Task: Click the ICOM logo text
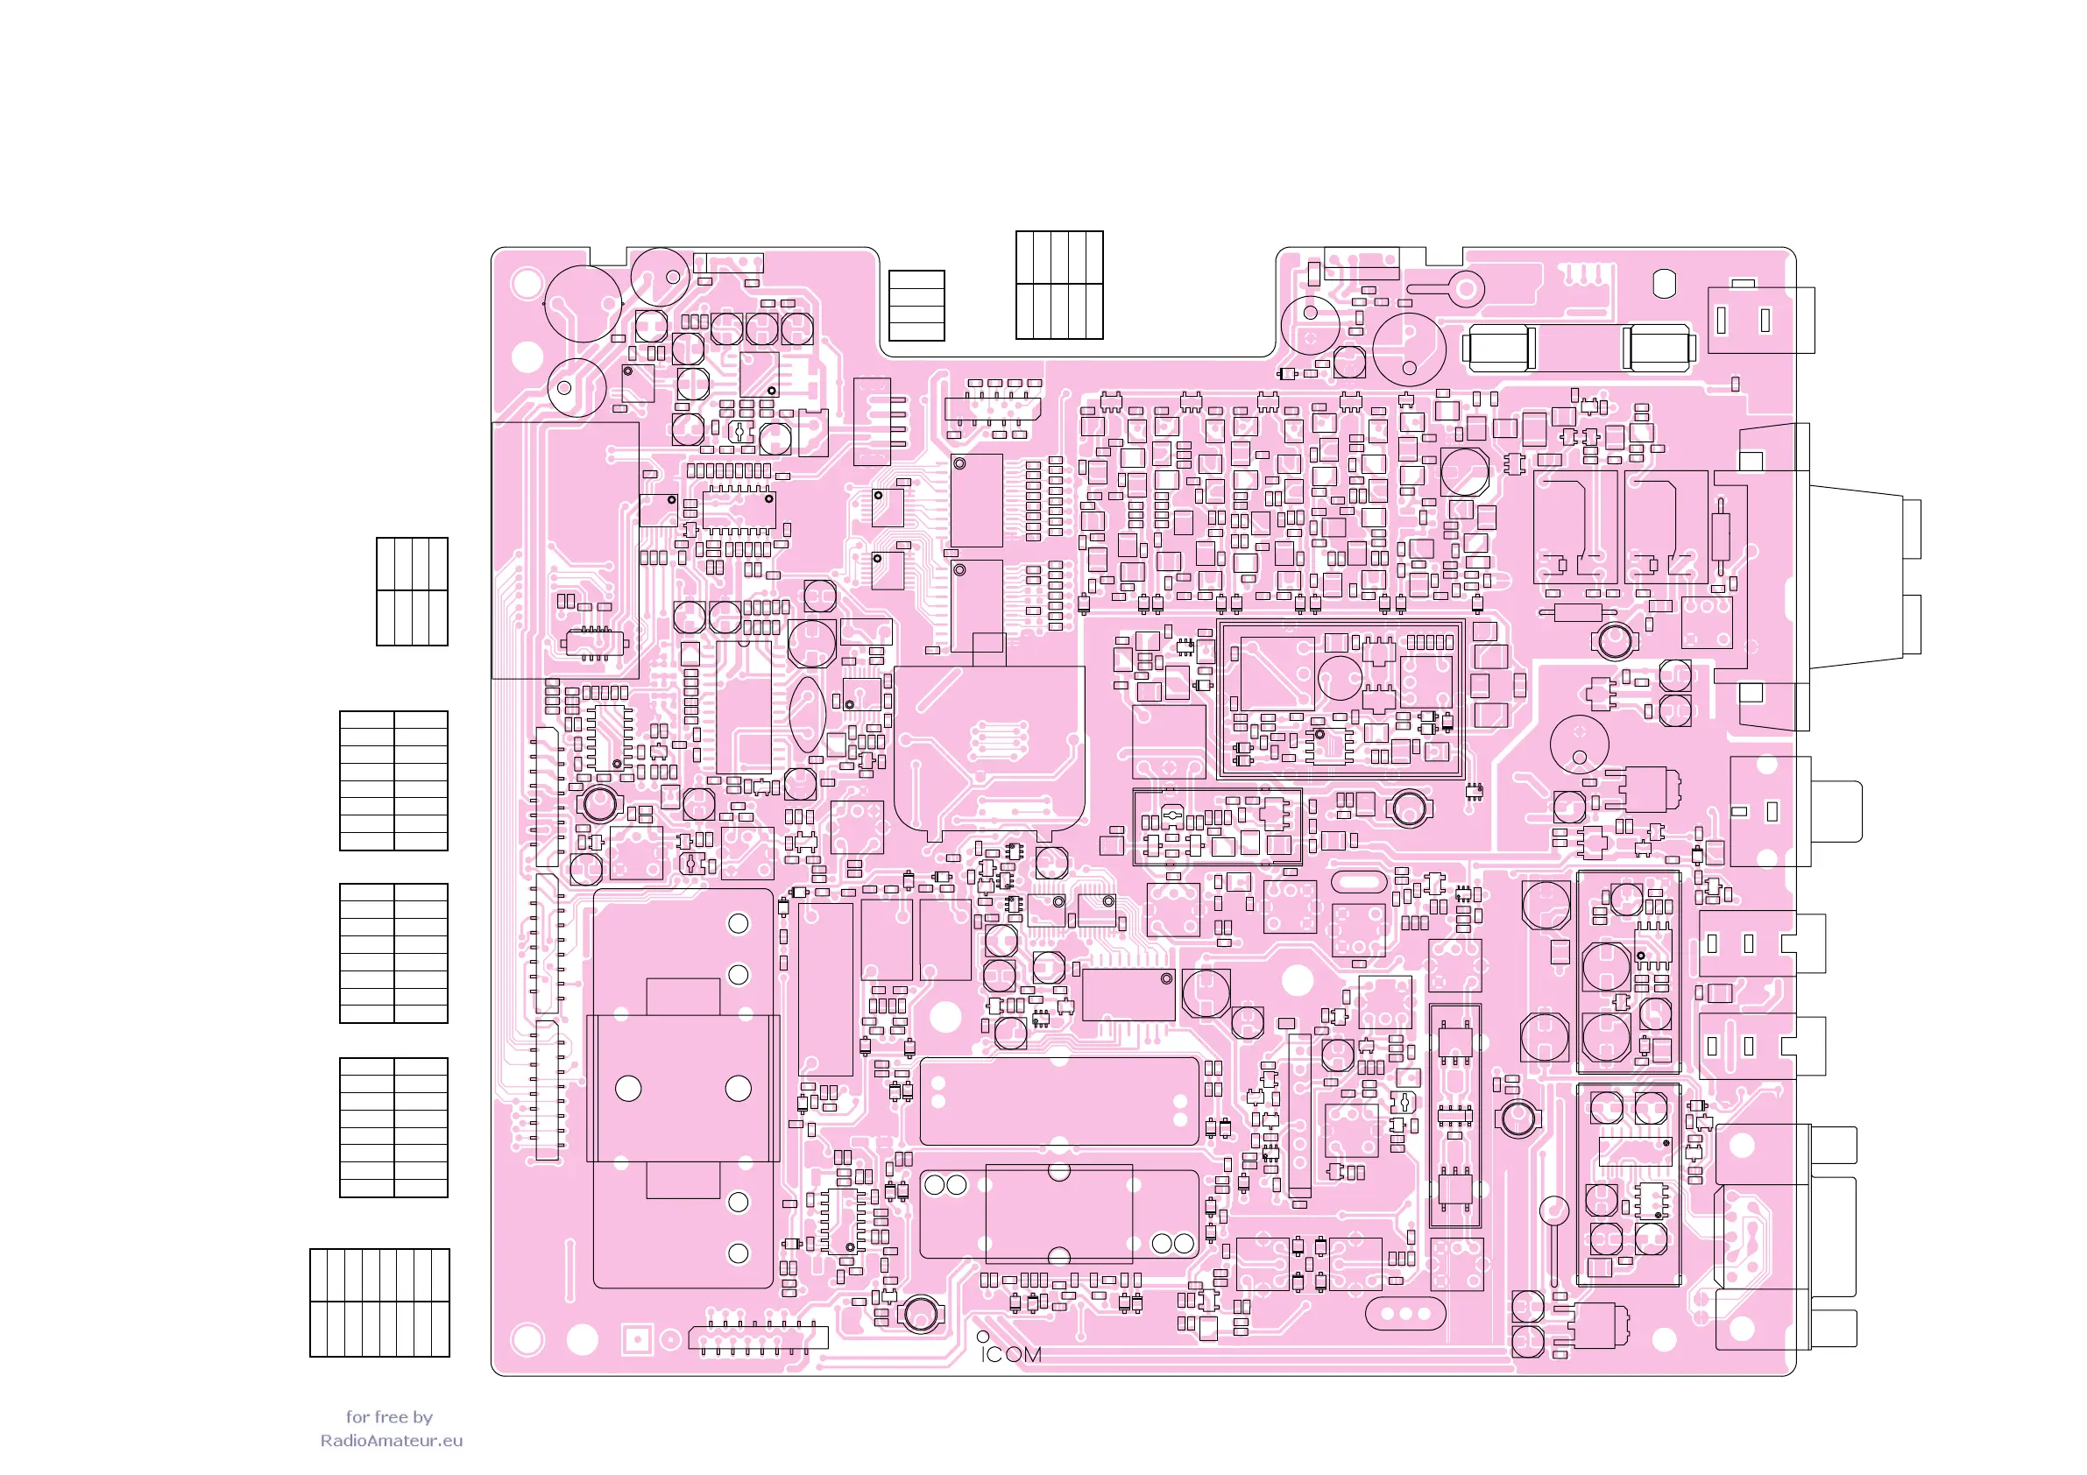pyautogui.click(x=1011, y=1354)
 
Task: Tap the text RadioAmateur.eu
pyautogui.click(x=391, y=1441)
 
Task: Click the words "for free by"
pyautogui.click(x=389, y=1417)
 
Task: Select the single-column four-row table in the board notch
pyautogui.click(x=916, y=306)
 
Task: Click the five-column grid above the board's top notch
pyautogui.click(x=1059, y=285)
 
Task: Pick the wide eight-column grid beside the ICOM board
pyautogui.click(x=379, y=1302)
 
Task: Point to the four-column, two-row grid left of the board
pyautogui.click(x=412, y=591)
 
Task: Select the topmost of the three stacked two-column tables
pyautogui.click(x=393, y=780)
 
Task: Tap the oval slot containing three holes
pyautogui.click(x=1404, y=1313)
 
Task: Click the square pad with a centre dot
pyautogui.click(x=637, y=1338)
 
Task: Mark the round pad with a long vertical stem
pyautogui.click(x=1553, y=1236)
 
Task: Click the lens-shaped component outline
pyautogui.click(x=807, y=715)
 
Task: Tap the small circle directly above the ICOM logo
pyautogui.click(x=982, y=1336)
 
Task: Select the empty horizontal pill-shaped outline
pyautogui.click(x=1359, y=881)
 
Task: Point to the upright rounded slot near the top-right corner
pyautogui.click(x=1664, y=283)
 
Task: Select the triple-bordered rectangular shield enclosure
pyautogui.click(x=1341, y=700)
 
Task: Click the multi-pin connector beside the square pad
pyautogui.click(x=758, y=1337)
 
